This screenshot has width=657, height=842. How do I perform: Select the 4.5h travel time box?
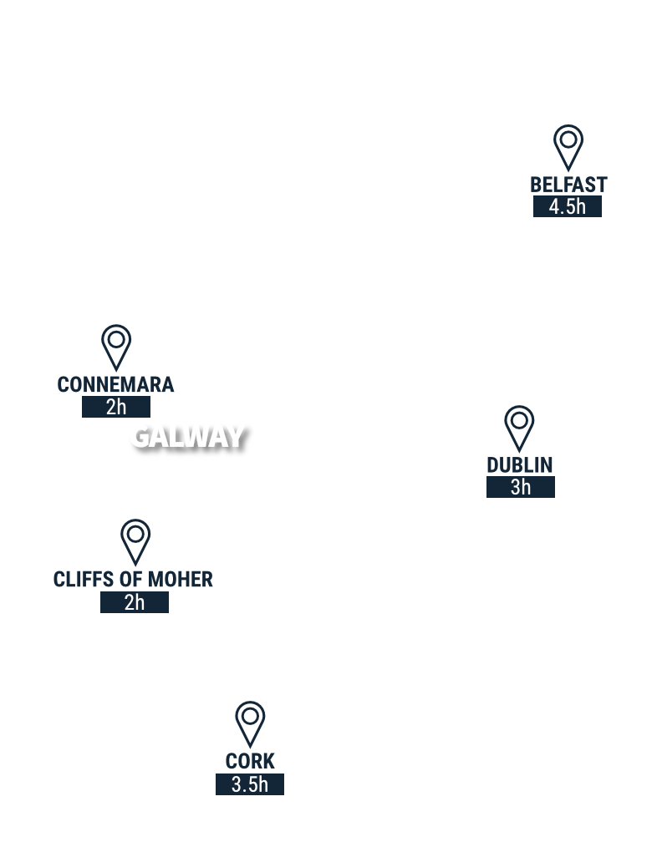568,206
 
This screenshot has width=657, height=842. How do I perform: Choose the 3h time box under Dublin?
520,487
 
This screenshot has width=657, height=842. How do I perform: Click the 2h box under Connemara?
116,408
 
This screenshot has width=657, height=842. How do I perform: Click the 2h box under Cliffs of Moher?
135,602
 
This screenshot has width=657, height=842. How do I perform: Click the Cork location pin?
250,719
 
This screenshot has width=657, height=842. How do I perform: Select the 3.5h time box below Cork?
250,784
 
